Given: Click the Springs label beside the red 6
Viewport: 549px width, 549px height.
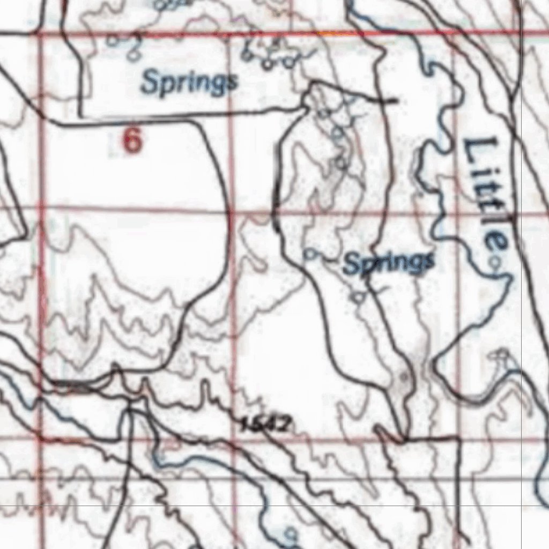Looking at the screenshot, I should [189, 83].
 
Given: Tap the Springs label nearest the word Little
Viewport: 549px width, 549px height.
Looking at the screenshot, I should [389, 263].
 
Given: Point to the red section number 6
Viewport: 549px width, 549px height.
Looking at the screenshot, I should [133, 141].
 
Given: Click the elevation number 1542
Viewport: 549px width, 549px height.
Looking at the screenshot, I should [266, 425].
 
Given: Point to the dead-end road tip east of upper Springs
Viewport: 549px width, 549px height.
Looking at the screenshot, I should [397, 100].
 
